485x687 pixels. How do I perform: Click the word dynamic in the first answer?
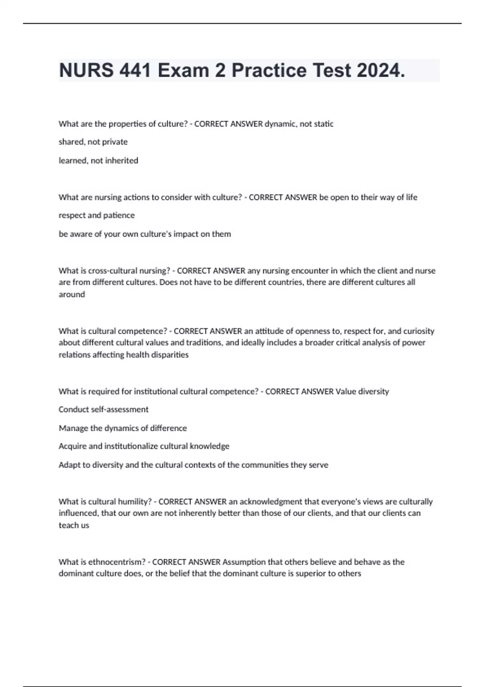tap(280, 124)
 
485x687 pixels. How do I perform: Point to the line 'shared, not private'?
tap(93, 142)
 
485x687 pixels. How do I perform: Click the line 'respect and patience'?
tap(97, 215)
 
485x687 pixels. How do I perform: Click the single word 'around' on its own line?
tap(72, 295)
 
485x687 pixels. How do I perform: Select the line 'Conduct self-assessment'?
tap(103, 409)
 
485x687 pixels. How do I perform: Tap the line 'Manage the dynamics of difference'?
tap(122, 428)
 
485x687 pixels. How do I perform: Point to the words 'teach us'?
tap(74, 525)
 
